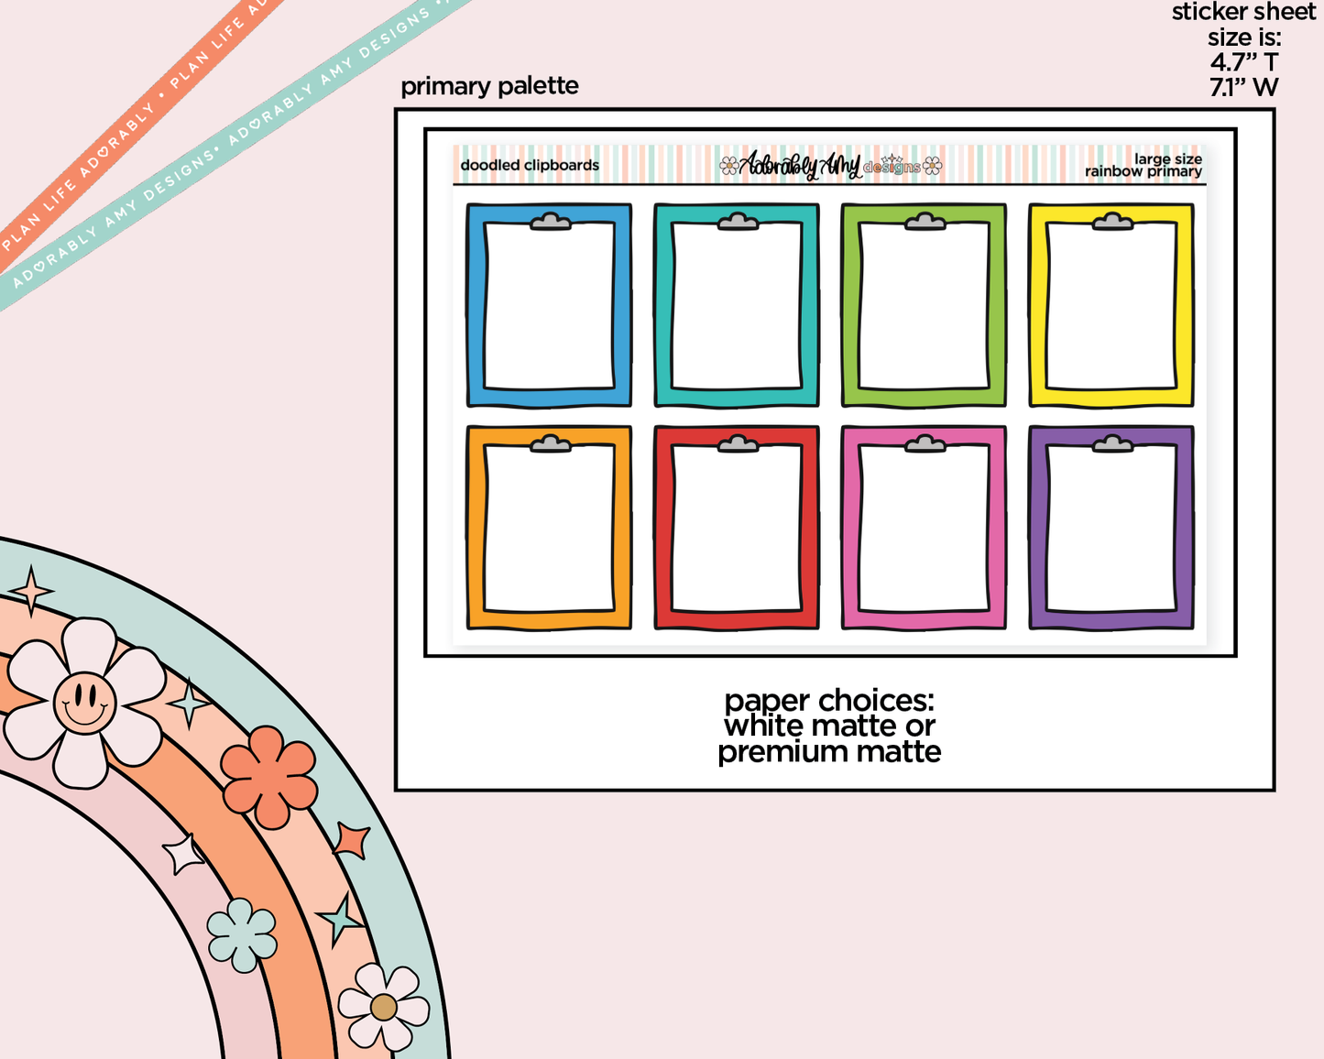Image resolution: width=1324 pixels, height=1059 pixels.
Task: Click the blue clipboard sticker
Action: [549, 305]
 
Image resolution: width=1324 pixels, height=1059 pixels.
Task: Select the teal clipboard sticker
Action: [737, 305]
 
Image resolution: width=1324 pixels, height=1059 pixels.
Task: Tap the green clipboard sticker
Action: [924, 305]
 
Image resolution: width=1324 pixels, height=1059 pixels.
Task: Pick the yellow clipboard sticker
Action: [1111, 305]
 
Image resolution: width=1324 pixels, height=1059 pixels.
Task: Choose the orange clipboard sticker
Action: [549, 528]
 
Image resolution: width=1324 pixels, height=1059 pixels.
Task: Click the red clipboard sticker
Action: [737, 528]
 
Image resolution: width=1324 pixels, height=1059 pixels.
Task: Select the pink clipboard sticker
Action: [924, 528]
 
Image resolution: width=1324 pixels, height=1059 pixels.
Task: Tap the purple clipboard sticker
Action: [1111, 528]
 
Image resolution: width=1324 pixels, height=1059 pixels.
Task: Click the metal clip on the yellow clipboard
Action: [1112, 222]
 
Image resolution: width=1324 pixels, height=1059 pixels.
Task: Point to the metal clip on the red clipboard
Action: [738, 443]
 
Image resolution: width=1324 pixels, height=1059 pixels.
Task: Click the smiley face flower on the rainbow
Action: [84, 703]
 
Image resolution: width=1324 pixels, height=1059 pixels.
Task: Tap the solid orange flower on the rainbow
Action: [268, 777]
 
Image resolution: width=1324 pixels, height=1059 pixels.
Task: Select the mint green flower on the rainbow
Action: [242, 934]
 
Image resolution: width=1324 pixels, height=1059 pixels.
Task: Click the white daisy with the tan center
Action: [383, 1007]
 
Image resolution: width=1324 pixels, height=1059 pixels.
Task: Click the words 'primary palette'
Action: [489, 86]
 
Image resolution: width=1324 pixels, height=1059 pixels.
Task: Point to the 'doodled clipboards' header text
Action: [530, 165]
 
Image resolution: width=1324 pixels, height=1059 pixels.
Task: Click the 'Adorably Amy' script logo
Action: [800, 166]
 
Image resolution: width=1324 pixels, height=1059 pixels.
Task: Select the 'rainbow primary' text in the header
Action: [1143, 171]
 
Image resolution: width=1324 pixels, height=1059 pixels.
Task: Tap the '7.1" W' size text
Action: [1244, 87]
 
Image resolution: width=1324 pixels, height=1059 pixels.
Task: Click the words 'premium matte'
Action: [829, 752]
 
